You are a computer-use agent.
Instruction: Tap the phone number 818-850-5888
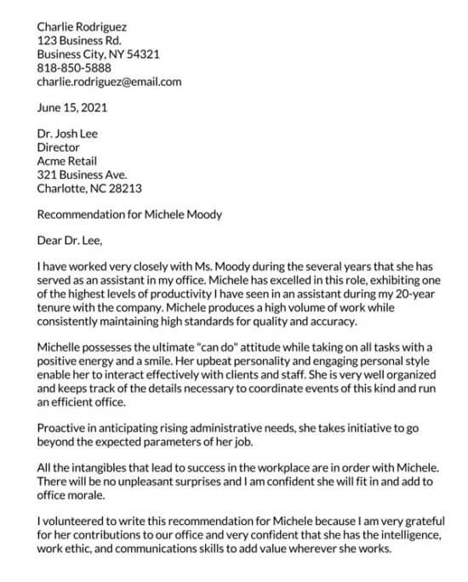[74, 68]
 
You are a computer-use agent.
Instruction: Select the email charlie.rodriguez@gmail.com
[109, 82]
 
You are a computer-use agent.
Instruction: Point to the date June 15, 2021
[72, 108]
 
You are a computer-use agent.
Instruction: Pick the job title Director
[58, 147]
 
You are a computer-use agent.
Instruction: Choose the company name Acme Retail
[67, 161]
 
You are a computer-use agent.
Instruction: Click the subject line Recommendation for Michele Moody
[129, 214]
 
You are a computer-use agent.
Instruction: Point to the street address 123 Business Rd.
[79, 40]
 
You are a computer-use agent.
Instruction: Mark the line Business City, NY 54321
[98, 54]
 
